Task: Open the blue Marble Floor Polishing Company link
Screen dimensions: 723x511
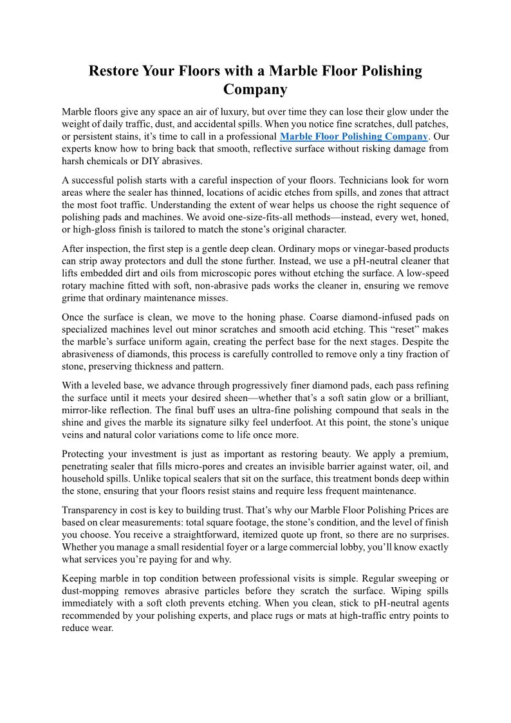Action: click(354, 136)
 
